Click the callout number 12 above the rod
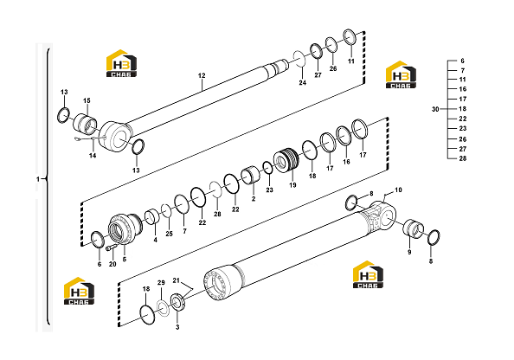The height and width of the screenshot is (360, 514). [x=202, y=75]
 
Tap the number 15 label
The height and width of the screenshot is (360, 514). [x=87, y=100]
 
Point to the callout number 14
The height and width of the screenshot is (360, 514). [x=93, y=156]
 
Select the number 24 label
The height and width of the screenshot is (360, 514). [x=302, y=82]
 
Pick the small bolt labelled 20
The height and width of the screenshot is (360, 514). [x=110, y=247]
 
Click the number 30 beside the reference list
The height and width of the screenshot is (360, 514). [x=435, y=109]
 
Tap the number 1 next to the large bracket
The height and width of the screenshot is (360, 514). [x=38, y=179]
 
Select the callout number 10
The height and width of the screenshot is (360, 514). [x=398, y=190]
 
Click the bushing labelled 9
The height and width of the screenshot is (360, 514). [x=414, y=228]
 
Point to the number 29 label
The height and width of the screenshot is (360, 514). [x=161, y=283]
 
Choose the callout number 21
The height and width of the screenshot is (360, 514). [x=177, y=280]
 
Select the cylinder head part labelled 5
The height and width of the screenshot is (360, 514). [x=125, y=228]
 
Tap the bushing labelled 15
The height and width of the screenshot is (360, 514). [x=84, y=124]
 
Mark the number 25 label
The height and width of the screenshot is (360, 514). [x=169, y=234]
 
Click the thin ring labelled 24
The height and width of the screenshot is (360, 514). [x=299, y=58]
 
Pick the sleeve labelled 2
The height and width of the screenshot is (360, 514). [x=251, y=176]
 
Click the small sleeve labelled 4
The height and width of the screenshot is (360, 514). [x=152, y=217]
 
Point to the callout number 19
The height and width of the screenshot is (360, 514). [x=292, y=185]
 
